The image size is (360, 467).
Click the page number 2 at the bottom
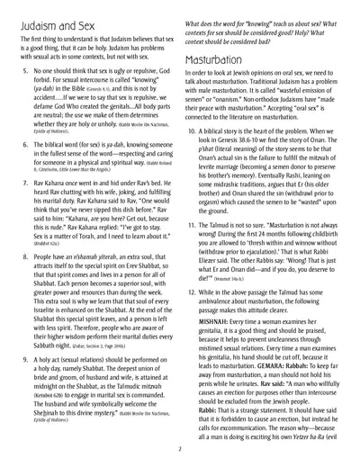point(180,448)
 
